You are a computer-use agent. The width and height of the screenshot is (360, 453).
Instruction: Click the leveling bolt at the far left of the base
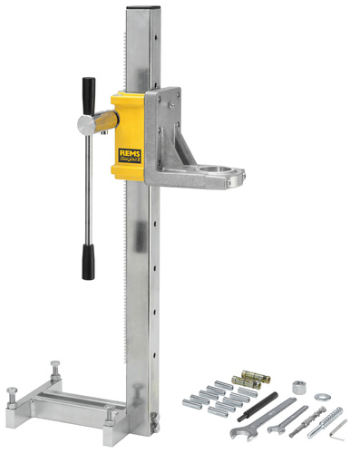12,396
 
